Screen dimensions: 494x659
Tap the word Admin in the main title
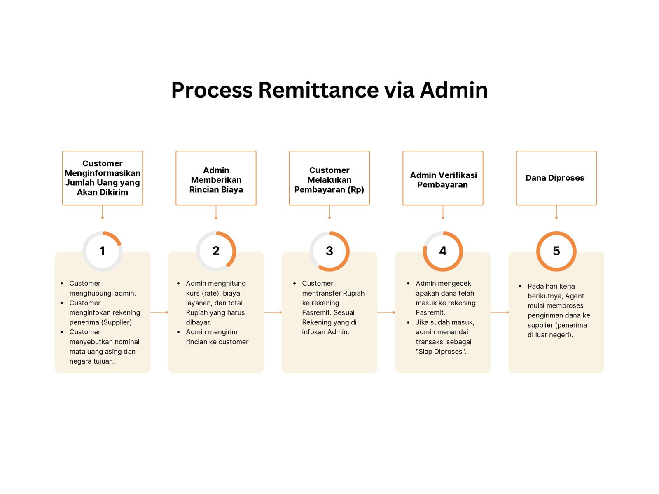coord(453,90)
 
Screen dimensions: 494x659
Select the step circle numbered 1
coord(103,251)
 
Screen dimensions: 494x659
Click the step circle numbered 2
coord(216,251)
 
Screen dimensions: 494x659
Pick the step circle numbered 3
coord(329,251)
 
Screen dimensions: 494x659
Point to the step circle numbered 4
coord(443,251)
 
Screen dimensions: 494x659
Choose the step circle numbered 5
coord(556,251)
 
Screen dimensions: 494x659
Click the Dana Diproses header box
coord(556,178)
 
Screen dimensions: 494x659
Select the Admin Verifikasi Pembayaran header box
coord(443,178)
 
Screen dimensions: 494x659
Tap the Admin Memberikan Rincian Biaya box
coord(216,178)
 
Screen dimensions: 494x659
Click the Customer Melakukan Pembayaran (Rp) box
coord(329,178)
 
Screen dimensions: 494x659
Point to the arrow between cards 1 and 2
coord(159,312)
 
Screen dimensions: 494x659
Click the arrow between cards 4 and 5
coord(500,312)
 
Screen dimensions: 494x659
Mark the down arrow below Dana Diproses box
coord(556,212)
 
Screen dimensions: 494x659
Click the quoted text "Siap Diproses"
coord(441,352)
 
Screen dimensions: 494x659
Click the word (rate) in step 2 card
coord(210,293)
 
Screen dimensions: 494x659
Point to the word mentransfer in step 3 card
coord(333,293)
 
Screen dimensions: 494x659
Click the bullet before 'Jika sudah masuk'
coord(408,322)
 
